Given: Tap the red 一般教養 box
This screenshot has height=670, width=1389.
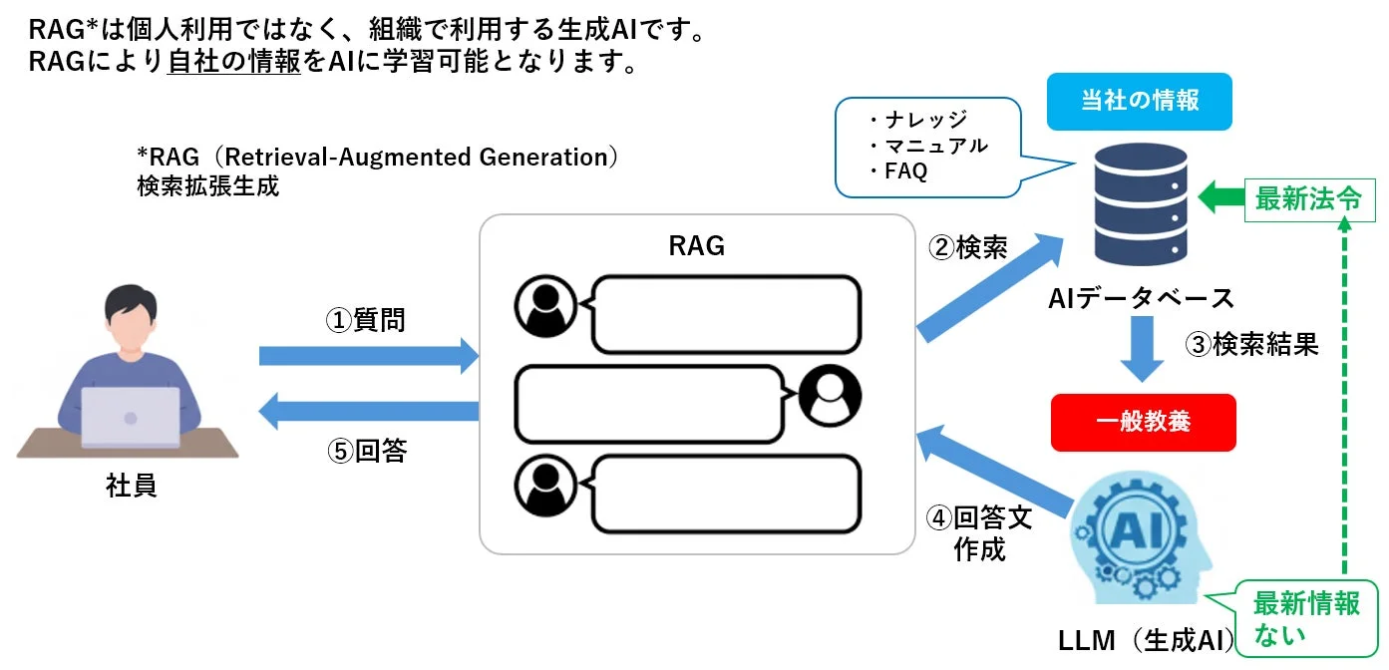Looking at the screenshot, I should (x=1143, y=422).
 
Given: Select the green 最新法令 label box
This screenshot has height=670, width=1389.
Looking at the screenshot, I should (x=1307, y=199).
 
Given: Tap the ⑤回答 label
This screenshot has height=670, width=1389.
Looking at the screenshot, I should (x=367, y=451).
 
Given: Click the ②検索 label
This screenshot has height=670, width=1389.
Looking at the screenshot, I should (x=968, y=247).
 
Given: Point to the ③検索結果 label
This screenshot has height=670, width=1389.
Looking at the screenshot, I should (x=1251, y=344).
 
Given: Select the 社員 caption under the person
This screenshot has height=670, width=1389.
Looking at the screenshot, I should (x=132, y=487).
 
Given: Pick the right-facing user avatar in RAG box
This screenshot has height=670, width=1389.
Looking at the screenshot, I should (x=829, y=397).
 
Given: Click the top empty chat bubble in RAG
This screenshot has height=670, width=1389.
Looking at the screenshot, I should (x=725, y=314).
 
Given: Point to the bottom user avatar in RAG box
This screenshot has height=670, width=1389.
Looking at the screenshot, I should (x=544, y=486).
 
